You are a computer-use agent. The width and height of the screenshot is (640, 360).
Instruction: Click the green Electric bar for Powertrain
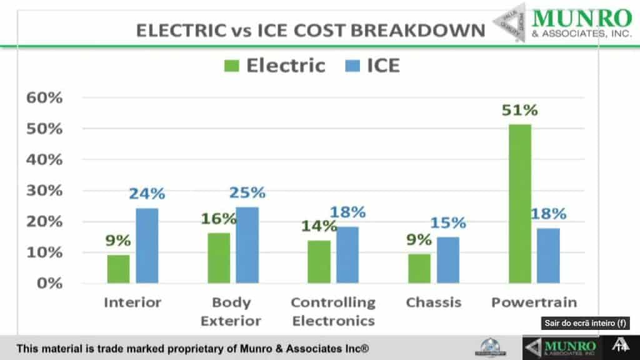coord(520,204)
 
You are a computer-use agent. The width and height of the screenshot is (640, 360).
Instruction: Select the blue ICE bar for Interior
coord(147,246)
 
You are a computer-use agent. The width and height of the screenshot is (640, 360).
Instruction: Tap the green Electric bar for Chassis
coord(419,268)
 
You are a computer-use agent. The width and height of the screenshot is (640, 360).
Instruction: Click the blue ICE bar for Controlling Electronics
coord(347,255)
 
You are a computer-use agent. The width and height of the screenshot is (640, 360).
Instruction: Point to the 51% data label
coord(519,111)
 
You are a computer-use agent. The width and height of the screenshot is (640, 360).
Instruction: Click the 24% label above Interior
coord(147,194)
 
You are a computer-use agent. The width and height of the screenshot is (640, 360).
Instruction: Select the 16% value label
coord(219,219)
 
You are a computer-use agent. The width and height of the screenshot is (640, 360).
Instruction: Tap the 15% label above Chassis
coord(448,222)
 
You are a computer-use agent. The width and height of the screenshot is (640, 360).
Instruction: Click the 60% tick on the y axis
coord(44,97)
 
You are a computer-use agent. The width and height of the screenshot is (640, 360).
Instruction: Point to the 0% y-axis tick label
coord(49,283)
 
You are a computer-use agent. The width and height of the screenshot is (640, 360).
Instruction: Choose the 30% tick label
coord(44,191)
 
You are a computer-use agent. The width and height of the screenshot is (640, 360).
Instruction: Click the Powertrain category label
coord(534,302)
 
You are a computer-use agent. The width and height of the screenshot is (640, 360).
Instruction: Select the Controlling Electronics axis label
coord(333,311)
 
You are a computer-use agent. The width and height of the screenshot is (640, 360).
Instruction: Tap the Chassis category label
coord(434,302)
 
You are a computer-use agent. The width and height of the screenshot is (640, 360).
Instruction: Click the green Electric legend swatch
coord(231,66)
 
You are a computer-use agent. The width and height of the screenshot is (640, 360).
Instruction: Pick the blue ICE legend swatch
coord(352,66)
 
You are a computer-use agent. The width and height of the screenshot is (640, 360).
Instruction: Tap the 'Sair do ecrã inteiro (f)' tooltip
coord(586,323)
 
